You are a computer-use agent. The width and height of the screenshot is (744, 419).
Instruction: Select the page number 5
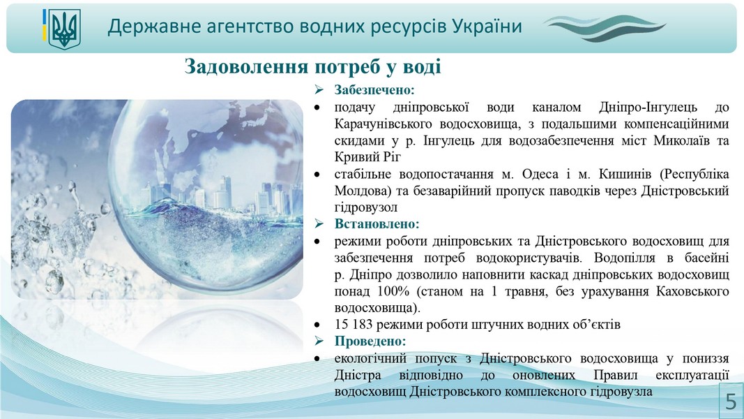pyautogui.click(x=731, y=402)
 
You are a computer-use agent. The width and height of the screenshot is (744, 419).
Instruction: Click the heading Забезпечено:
pyautogui.click(x=374, y=90)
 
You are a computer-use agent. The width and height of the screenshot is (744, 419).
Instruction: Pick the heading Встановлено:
pyautogui.click(x=377, y=223)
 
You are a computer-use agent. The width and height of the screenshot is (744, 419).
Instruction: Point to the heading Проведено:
pyautogui.click(x=370, y=341)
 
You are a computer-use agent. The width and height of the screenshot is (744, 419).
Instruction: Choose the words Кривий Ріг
pyautogui.click(x=367, y=156)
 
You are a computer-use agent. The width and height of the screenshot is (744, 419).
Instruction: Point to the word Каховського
pyautogui.click(x=692, y=291)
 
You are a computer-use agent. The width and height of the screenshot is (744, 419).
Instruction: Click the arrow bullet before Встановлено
pyautogui.click(x=319, y=223)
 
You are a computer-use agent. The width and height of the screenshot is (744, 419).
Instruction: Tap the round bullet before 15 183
pyautogui.click(x=317, y=325)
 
